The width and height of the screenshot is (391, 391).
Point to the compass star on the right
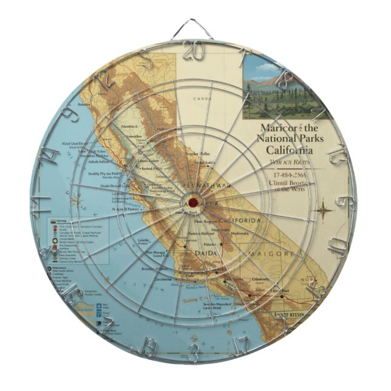pyautogui.click(x=325, y=209)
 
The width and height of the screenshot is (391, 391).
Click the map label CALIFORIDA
pyautogui.click(x=239, y=220)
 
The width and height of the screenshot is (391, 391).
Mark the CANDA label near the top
pyautogui.click(x=202, y=98)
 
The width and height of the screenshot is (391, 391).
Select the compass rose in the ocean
pyautogui.click(x=77, y=197)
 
